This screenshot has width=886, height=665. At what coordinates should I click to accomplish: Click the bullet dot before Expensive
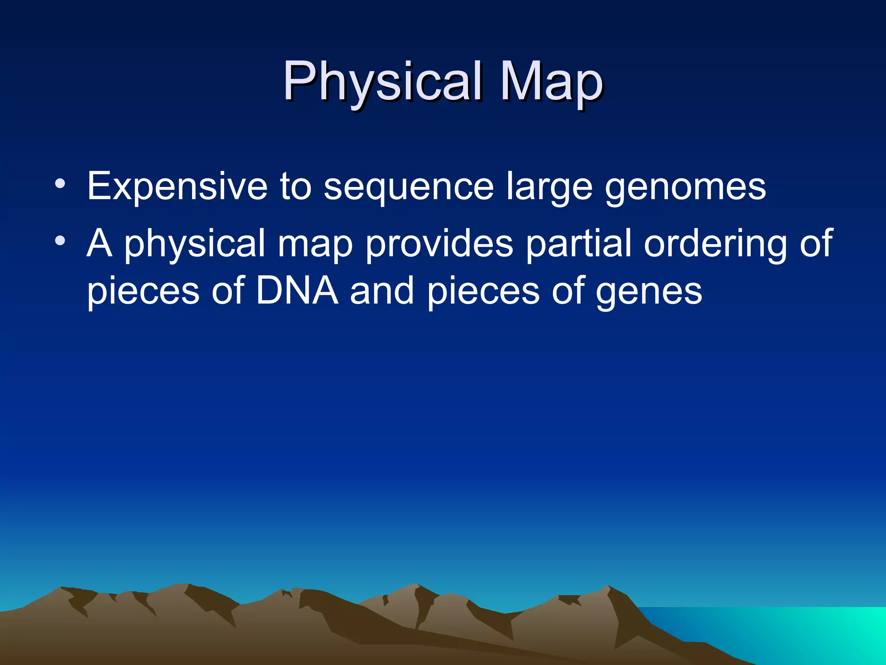pos(60,184)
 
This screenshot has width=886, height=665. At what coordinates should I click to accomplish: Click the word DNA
pos(297,291)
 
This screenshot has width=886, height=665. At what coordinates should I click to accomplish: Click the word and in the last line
pos(382,291)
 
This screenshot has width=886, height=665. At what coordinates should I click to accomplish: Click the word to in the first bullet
pos(295,187)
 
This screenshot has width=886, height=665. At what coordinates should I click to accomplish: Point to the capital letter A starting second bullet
pos(100,243)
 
